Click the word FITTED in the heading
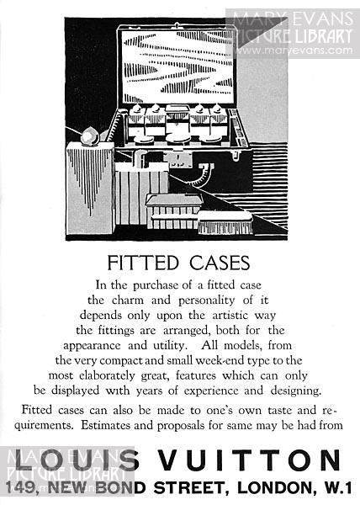pos(142,263)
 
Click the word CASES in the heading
pos(220,263)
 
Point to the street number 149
pos(20,487)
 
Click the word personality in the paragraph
pos(207,300)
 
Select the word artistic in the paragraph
pos(230,315)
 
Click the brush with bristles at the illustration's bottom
pos(225,222)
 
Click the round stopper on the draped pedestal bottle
pos(90,137)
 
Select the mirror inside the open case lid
pos(177,67)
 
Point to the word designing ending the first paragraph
pos(296,391)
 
